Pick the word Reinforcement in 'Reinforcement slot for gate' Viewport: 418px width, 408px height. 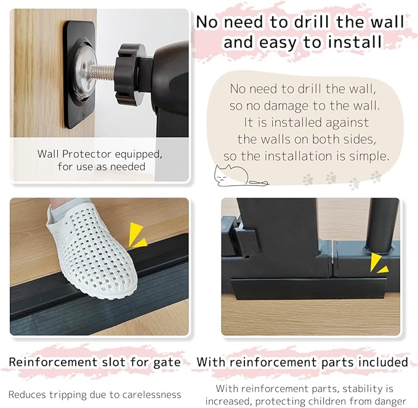[52, 362]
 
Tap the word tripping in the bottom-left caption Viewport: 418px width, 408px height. [75, 394]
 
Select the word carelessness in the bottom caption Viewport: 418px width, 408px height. [150, 394]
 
